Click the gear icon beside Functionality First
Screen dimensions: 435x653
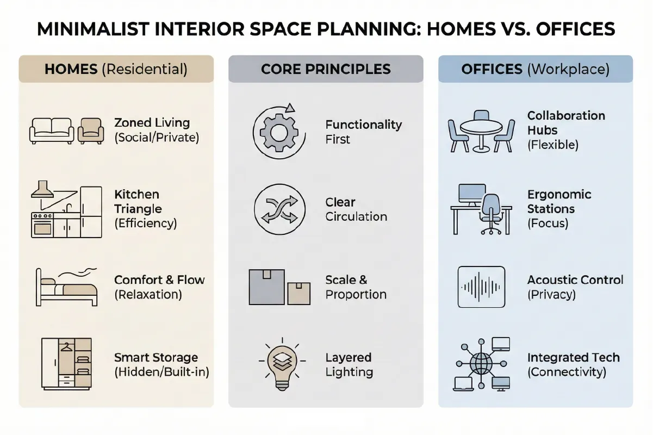[276, 132]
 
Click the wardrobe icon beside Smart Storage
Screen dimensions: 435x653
[67, 364]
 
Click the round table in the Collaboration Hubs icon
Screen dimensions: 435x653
[481, 128]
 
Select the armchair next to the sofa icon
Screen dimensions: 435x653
[90, 130]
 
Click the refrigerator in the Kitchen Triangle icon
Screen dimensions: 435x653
[91, 212]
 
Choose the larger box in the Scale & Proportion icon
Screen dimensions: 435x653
[266, 287]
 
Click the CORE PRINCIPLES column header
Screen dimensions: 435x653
[326, 69]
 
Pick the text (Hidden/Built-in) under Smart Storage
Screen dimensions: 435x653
[161, 372]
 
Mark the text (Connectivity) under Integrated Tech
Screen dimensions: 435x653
[567, 372]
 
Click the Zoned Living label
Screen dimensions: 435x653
[152, 123]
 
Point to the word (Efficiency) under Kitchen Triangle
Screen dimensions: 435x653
[145, 223]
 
